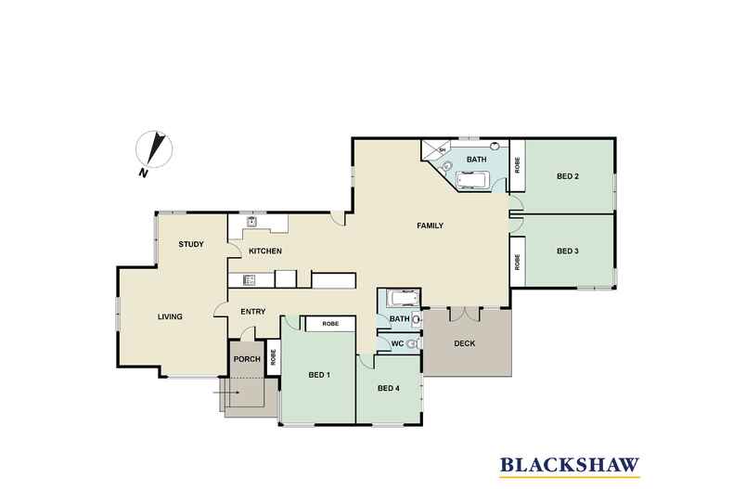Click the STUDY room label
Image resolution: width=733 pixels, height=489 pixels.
[191, 244]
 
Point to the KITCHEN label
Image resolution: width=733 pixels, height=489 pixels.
[265, 251]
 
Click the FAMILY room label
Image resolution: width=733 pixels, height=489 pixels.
[429, 225]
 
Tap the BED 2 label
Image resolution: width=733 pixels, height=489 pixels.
[569, 176]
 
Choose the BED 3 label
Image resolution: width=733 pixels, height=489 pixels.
[569, 251]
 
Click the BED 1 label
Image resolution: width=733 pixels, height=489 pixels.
[319, 375]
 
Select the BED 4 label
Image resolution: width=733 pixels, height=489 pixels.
[389, 389]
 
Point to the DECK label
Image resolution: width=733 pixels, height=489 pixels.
[465, 343]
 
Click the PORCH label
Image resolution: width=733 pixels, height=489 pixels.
[246, 359]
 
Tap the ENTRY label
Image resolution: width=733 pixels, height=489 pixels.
[253, 312]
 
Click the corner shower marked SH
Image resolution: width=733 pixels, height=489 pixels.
[438, 150]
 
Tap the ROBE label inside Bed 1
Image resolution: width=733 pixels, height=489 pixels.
[330, 324]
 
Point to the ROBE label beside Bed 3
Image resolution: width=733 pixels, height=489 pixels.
[518, 262]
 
